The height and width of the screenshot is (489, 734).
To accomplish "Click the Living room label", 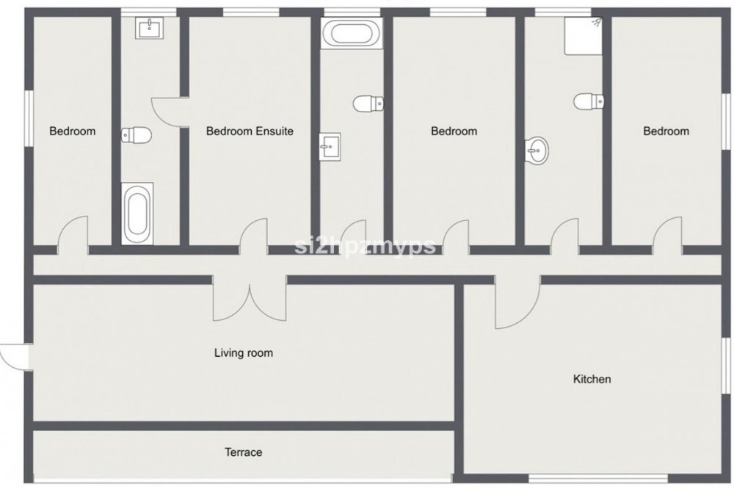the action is click(x=244, y=352).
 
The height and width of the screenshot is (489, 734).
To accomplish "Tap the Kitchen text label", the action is click(x=592, y=379).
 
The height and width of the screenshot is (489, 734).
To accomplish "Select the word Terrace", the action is click(x=243, y=452).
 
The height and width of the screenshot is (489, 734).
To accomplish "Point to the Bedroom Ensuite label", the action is click(x=250, y=131).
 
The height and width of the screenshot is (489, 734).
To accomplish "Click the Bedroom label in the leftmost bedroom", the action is click(x=72, y=131).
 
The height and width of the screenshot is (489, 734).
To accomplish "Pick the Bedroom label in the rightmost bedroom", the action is click(x=666, y=131).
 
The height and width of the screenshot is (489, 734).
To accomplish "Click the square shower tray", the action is click(x=584, y=36).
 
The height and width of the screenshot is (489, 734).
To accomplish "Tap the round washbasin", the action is click(x=537, y=151).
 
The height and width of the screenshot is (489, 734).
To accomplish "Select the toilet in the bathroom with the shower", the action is click(x=589, y=101).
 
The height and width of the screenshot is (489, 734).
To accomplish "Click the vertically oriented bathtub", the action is click(x=137, y=214).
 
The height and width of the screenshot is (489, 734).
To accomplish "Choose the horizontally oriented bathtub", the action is click(x=352, y=32).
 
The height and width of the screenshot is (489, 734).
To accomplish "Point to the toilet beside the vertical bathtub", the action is click(x=137, y=135).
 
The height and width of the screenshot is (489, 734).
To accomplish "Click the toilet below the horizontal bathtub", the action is click(x=368, y=104).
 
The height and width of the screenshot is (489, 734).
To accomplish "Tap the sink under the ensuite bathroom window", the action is click(x=150, y=28).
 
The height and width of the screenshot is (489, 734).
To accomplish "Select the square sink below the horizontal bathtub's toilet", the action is click(x=330, y=147).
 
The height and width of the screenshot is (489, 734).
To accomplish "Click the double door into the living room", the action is click(x=250, y=300).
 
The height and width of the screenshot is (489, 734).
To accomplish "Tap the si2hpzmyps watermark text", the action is click(x=365, y=245).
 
